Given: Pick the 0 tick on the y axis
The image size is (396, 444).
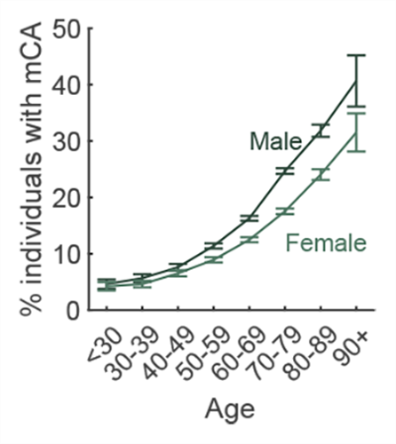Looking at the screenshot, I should coord(73,311).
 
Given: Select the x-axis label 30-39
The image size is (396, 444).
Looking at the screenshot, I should coord(126,348).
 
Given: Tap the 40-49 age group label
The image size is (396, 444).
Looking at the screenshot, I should coord(161,348).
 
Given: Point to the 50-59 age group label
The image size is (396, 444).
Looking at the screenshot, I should coord(197,348).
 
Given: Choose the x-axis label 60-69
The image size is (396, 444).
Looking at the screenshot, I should coord(233,348).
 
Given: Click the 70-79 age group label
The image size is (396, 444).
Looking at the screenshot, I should coord(268,348).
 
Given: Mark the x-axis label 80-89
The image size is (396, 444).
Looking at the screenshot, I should coord(304,348).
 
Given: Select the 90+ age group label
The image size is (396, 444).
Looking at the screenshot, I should coord(346,339).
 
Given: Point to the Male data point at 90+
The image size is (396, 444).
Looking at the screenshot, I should coord(357,81).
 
